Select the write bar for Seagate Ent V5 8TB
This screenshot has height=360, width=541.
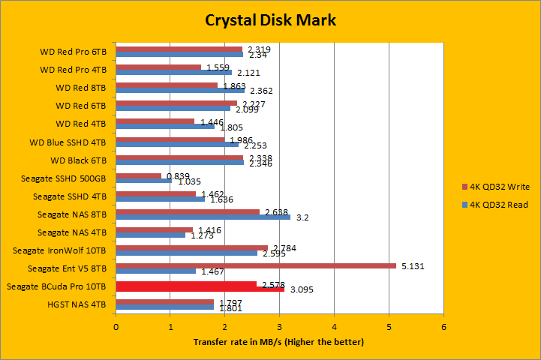(x=256, y=265)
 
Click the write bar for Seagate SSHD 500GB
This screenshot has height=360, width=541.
(x=139, y=176)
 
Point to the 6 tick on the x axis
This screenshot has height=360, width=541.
(x=443, y=327)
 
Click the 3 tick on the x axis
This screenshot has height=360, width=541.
(x=280, y=327)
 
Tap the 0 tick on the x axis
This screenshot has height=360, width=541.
(x=116, y=327)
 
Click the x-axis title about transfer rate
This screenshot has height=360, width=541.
(x=278, y=342)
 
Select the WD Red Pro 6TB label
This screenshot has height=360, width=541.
(x=74, y=52)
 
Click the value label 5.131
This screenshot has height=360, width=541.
(x=410, y=265)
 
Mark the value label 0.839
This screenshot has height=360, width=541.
(x=177, y=175)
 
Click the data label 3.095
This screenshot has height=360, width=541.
(x=300, y=289)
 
